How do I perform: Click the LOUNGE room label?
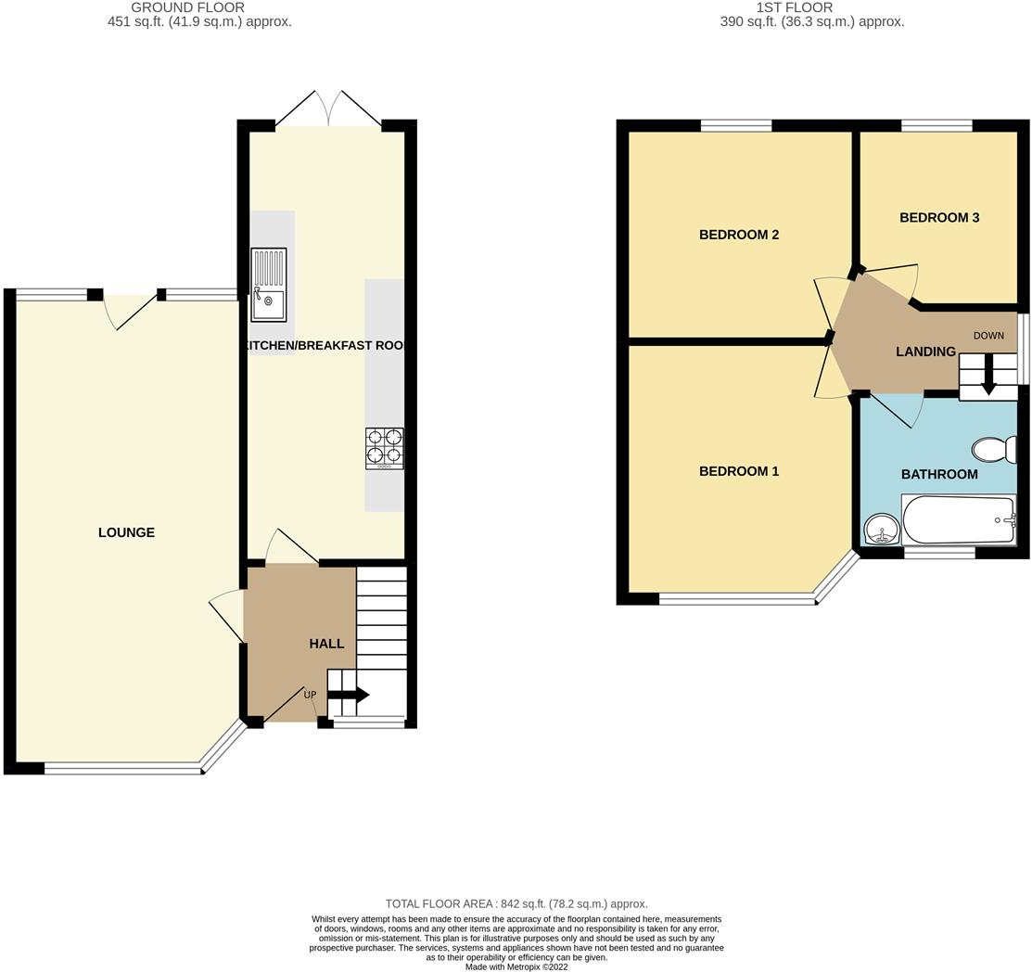click(126, 532)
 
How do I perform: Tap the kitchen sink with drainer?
click(268, 284)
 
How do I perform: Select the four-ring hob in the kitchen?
click(384, 446)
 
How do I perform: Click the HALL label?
click(326, 644)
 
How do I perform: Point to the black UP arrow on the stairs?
click(350, 695)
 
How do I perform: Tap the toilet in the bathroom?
click(993, 450)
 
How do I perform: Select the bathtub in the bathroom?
click(959, 519)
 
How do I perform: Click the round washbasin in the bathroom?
click(881, 531)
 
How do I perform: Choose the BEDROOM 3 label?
click(939, 218)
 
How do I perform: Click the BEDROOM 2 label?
click(739, 235)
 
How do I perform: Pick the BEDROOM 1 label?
click(739, 471)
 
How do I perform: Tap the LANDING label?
click(925, 352)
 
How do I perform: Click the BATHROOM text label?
click(939, 474)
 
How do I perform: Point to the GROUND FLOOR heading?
click(187, 7)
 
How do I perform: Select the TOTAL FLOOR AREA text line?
click(516, 903)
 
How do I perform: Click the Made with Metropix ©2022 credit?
click(516, 966)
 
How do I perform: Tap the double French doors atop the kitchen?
click(327, 109)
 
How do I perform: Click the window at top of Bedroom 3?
click(936, 125)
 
